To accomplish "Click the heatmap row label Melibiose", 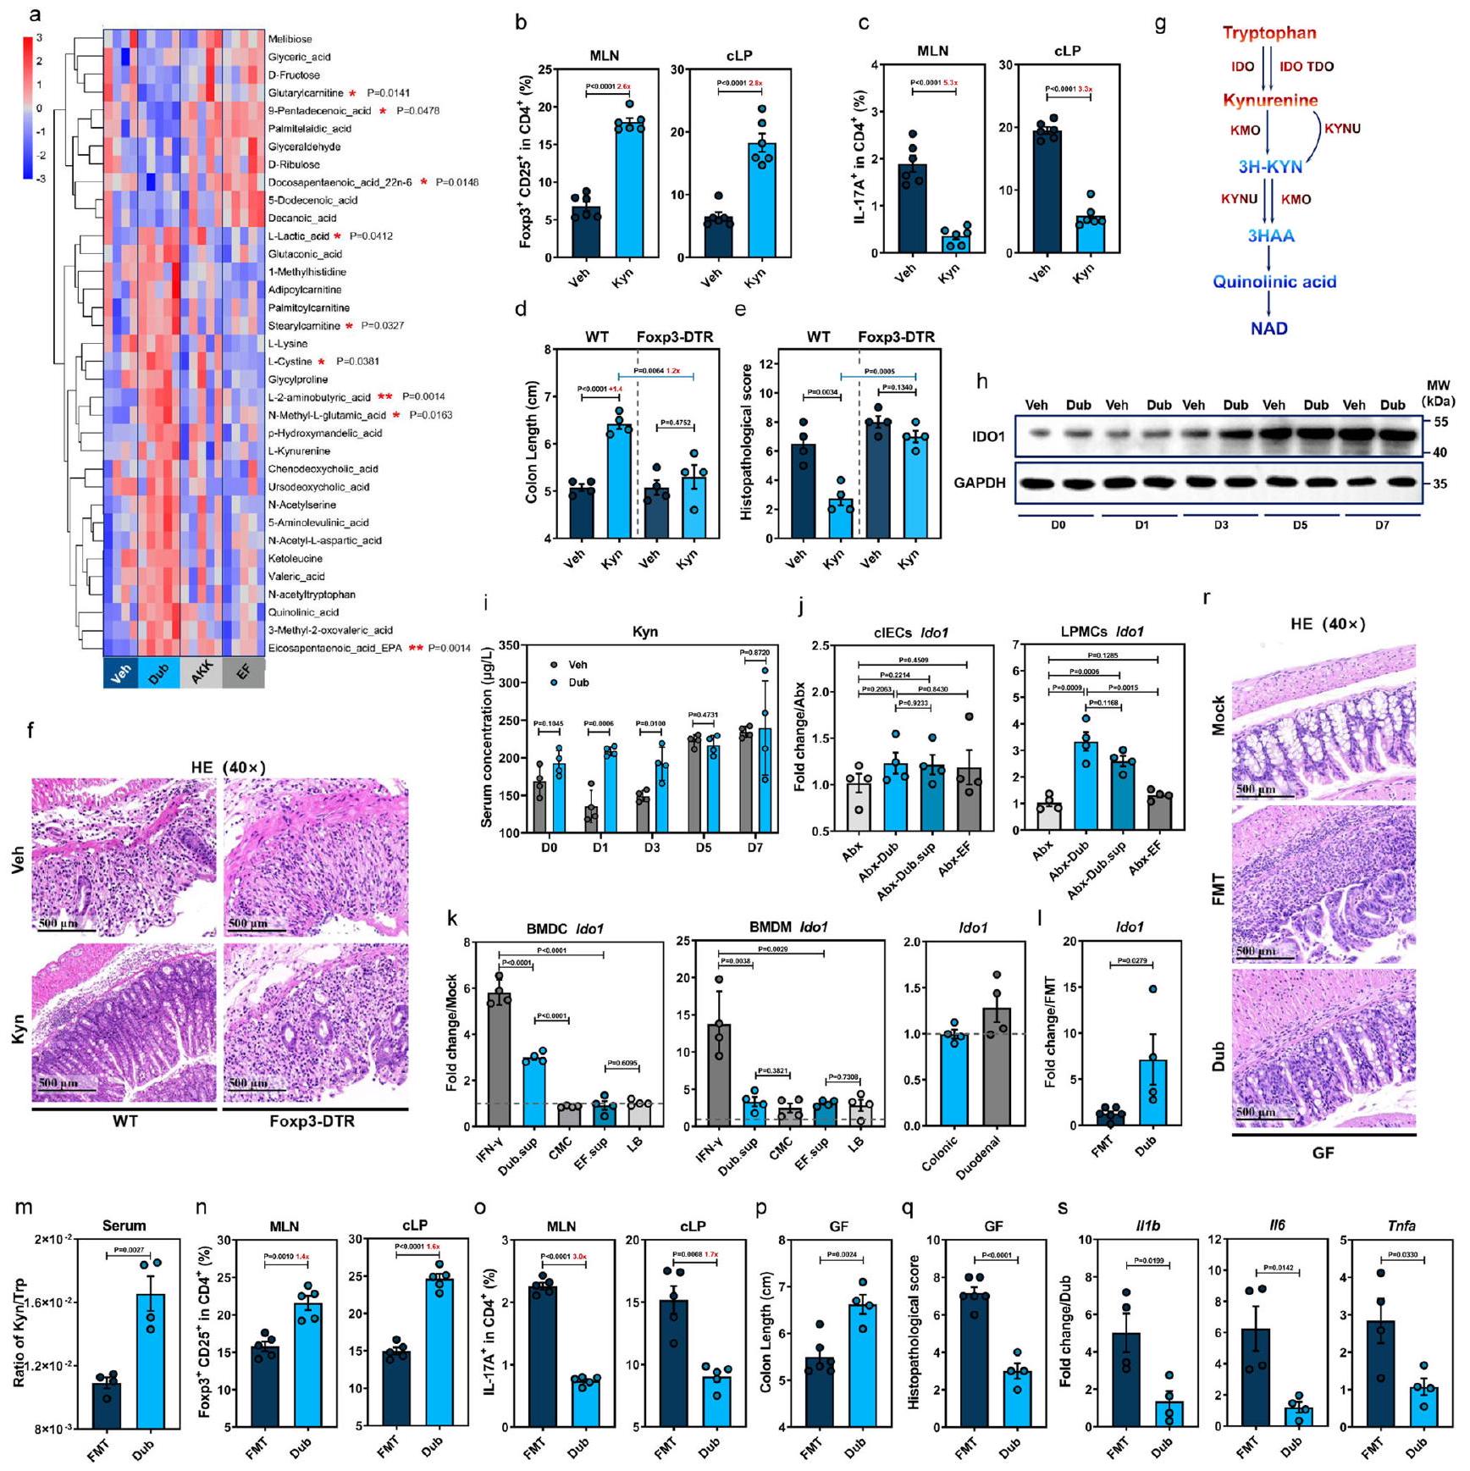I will pos(290,39).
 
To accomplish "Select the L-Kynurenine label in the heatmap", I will pos(299,451).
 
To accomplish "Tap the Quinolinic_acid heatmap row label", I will pos(303,612).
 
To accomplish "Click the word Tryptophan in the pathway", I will pos(1268,33).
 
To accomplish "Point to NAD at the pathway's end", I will pos(1268,328).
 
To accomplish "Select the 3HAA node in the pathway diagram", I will pos(1270,235).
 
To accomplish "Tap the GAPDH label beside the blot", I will pos(980,483).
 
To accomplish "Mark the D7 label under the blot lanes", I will pos(1381,525).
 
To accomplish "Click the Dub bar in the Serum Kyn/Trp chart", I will pos(151,1361).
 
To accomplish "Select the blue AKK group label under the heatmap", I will pos(201,675).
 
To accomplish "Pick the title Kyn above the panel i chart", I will pos(645,632).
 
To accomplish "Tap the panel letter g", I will pos(1160,24).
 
